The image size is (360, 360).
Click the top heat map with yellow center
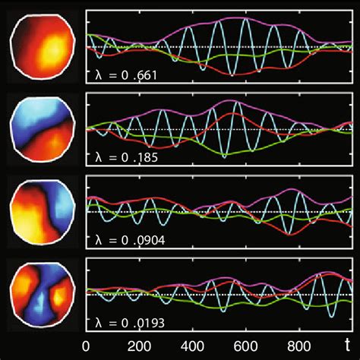43,47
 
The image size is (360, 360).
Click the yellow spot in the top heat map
52,50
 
